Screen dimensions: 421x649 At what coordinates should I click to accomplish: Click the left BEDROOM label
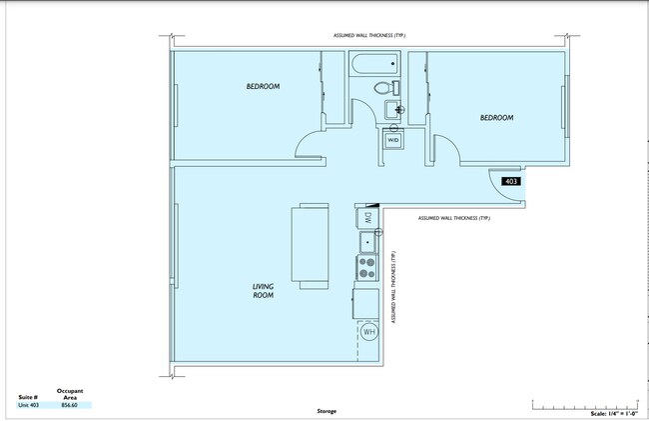(263, 87)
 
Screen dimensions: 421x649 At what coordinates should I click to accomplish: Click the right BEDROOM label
(496, 118)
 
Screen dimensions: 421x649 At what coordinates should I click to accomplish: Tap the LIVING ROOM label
(263, 291)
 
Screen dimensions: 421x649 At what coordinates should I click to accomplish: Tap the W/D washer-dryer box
(392, 141)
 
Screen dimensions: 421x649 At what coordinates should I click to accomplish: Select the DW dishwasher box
(366, 217)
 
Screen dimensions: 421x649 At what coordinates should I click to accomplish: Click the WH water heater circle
(368, 332)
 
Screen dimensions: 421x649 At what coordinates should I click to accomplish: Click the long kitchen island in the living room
(309, 244)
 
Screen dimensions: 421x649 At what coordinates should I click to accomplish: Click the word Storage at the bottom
(327, 410)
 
